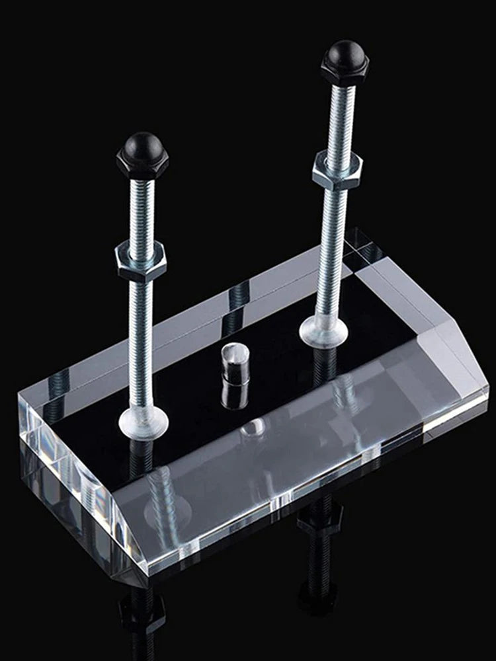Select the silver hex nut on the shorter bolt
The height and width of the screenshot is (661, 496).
tap(142, 260)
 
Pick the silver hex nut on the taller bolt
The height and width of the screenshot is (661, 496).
tap(337, 169)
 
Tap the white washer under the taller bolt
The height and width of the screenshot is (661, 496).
tap(324, 330)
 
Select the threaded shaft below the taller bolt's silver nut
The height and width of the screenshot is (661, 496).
tap(331, 251)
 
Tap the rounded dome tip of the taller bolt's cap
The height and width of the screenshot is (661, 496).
tap(345, 48)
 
